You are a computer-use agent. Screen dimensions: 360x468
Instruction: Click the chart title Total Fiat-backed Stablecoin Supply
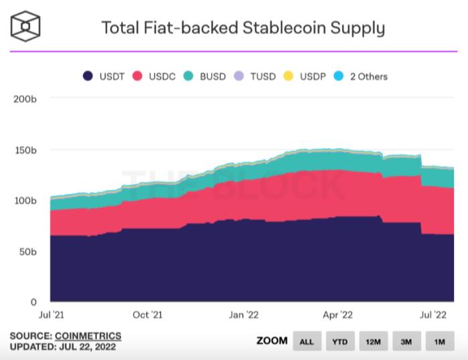pos(243,28)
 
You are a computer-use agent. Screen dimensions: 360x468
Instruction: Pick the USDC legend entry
pos(156,76)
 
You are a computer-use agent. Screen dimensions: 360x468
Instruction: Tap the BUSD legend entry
pos(206,76)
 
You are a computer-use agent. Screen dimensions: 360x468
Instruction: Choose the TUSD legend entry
pos(255,76)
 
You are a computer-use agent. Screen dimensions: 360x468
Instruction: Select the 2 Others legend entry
pos(362,76)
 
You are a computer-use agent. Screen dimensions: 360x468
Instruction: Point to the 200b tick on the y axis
pos(24,99)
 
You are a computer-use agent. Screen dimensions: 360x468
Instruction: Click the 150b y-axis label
pos(25,150)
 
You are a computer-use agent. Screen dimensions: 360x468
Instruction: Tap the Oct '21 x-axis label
pos(147,314)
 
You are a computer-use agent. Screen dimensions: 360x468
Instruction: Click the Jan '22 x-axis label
pos(244,314)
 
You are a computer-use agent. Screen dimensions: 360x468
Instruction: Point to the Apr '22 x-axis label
pos(338,314)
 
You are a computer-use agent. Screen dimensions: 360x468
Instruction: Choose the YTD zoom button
pos(340,341)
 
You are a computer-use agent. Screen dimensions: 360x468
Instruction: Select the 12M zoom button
pos(373,341)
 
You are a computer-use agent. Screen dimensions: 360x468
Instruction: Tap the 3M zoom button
pos(406,341)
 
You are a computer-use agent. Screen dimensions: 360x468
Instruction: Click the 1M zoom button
pos(439,341)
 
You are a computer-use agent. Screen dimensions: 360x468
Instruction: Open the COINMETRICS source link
pos(89,335)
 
